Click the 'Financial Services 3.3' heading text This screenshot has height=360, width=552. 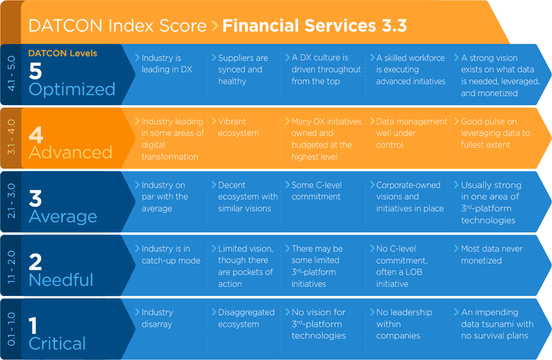(x=314, y=26)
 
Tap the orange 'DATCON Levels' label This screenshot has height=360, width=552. (x=62, y=53)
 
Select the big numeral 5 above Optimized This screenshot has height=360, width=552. (x=35, y=71)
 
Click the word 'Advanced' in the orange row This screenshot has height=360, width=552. (x=70, y=152)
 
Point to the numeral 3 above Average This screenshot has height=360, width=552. (x=35, y=198)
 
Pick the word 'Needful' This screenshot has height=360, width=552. (x=61, y=280)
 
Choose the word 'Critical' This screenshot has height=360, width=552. (x=57, y=344)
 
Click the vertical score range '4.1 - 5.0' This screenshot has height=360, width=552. (x=11, y=74)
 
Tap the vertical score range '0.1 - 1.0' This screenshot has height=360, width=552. (x=11, y=329)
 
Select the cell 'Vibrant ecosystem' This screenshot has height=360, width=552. (x=238, y=127)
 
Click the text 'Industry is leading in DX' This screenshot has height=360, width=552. (x=167, y=64)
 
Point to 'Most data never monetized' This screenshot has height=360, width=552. (x=492, y=254)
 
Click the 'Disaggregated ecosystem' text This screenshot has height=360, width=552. (x=246, y=318)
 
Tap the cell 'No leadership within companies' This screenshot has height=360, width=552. (x=404, y=324)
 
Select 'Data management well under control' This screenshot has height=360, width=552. (x=412, y=133)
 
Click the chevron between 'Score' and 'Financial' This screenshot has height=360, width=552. (x=215, y=26)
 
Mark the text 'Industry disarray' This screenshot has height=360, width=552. (x=157, y=318)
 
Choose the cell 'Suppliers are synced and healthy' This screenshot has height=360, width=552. (x=243, y=69)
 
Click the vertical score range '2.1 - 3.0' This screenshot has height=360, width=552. (x=11, y=201)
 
